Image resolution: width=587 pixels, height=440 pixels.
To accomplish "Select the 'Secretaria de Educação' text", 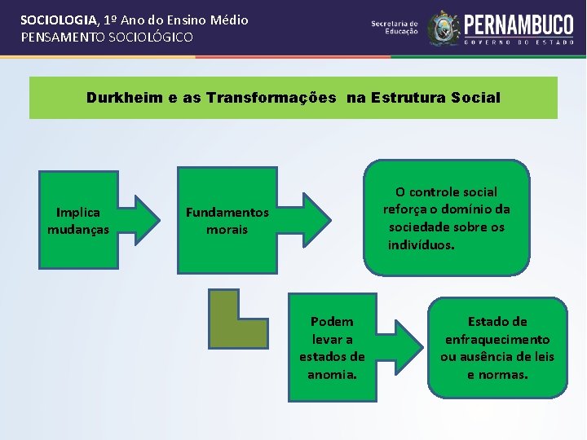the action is point(394,28).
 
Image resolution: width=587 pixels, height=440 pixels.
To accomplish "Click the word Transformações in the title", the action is point(271,98).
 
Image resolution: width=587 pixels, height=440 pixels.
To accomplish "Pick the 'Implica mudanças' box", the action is point(78,220).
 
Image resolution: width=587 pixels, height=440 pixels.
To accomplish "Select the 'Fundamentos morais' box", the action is point(227,220).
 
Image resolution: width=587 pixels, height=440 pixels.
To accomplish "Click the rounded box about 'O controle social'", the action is point(447,218).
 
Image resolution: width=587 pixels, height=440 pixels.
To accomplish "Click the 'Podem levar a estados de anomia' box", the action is point(332,348).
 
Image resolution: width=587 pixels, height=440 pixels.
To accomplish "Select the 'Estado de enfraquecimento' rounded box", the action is point(497,348).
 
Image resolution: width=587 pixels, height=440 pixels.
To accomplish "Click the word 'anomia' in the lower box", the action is point(332,375).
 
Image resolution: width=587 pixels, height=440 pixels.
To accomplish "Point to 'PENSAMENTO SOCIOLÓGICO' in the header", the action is point(107,37).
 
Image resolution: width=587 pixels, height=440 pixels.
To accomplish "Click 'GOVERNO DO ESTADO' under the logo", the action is point(519,41).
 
